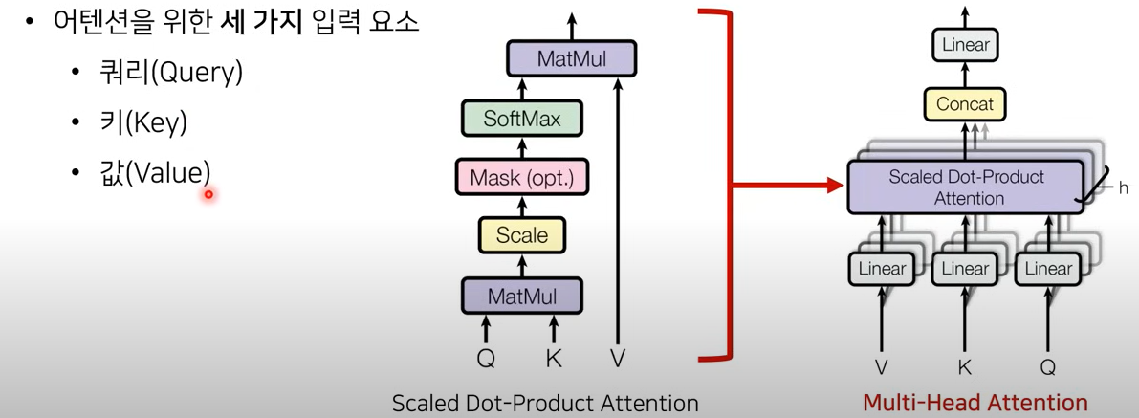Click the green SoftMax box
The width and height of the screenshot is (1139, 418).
(x=521, y=120)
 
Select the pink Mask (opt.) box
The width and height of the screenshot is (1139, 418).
(x=521, y=177)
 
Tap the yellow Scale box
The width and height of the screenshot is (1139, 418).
(x=522, y=234)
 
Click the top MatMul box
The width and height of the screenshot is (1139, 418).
(x=572, y=58)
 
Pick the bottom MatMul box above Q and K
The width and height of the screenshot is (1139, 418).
(x=522, y=296)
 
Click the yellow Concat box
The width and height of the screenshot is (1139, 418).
(x=965, y=103)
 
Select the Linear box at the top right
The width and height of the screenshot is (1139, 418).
(x=965, y=45)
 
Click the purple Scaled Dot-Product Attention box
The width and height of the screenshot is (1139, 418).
(x=966, y=187)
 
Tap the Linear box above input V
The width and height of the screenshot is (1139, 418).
(x=882, y=269)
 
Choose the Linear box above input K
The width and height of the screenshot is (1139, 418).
(x=965, y=269)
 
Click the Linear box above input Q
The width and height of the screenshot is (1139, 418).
(x=1048, y=269)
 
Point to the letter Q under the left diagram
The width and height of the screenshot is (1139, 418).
(x=487, y=359)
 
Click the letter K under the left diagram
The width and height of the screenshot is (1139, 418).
(x=553, y=359)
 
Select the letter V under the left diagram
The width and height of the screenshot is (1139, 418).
(x=618, y=359)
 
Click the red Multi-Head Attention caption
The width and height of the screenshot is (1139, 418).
(x=975, y=403)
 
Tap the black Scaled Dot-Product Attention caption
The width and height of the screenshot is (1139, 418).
(x=545, y=404)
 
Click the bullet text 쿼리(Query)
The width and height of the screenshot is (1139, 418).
(x=169, y=74)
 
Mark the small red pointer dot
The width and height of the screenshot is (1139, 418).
(x=208, y=195)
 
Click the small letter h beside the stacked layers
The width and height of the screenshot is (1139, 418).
(x=1124, y=188)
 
